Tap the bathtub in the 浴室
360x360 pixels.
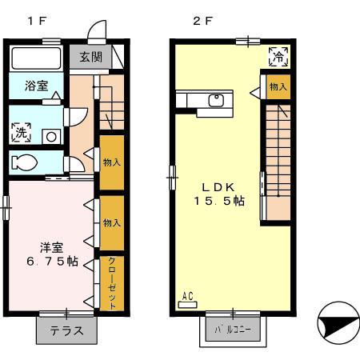(37, 58)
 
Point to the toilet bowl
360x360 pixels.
(26, 162)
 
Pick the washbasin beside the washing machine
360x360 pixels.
(50, 136)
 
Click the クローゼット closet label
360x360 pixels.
(112, 283)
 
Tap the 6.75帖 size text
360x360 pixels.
(50, 262)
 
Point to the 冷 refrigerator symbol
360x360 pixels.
(278, 56)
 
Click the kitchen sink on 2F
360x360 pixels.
(214, 100)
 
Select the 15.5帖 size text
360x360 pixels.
(218, 201)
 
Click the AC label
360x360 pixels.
(188, 297)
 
